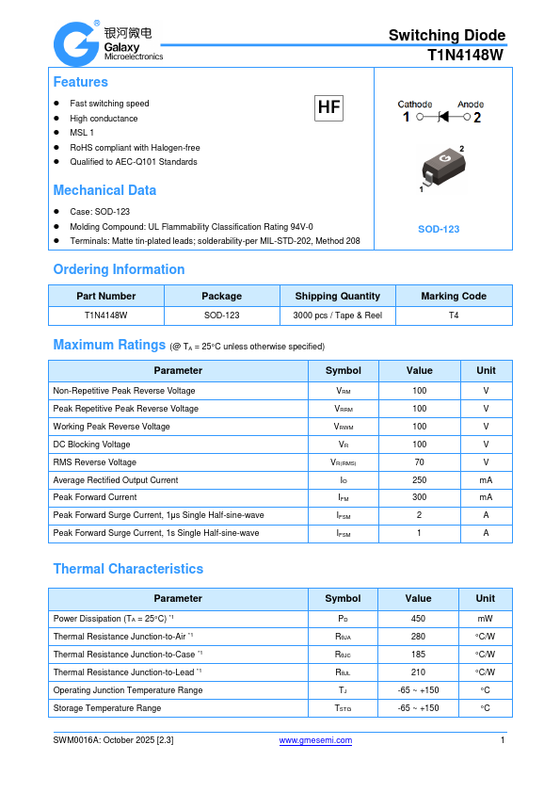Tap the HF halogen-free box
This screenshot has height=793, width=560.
click(x=328, y=108)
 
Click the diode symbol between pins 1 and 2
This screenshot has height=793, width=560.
click(x=444, y=118)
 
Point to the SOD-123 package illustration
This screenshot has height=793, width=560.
click(x=439, y=170)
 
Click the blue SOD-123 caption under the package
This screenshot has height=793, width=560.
click(x=439, y=229)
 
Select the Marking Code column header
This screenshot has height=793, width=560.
click(x=454, y=296)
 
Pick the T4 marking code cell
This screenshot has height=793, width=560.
click(x=454, y=316)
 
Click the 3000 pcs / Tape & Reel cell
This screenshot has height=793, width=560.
click(x=337, y=316)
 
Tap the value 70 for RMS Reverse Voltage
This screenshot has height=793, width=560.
click(x=419, y=462)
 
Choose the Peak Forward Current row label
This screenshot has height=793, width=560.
click(x=95, y=497)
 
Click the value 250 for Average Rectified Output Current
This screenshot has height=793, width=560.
click(x=419, y=480)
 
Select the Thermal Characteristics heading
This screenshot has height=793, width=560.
click(x=128, y=569)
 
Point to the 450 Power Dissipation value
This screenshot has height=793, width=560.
click(x=418, y=619)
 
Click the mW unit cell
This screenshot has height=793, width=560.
click(x=485, y=619)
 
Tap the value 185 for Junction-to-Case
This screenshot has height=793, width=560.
click(x=418, y=654)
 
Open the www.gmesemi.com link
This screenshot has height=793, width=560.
click(x=316, y=740)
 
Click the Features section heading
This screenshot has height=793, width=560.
click(x=80, y=82)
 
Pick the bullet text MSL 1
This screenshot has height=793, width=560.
click(x=82, y=133)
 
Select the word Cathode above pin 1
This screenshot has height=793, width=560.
click(x=414, y=105)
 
